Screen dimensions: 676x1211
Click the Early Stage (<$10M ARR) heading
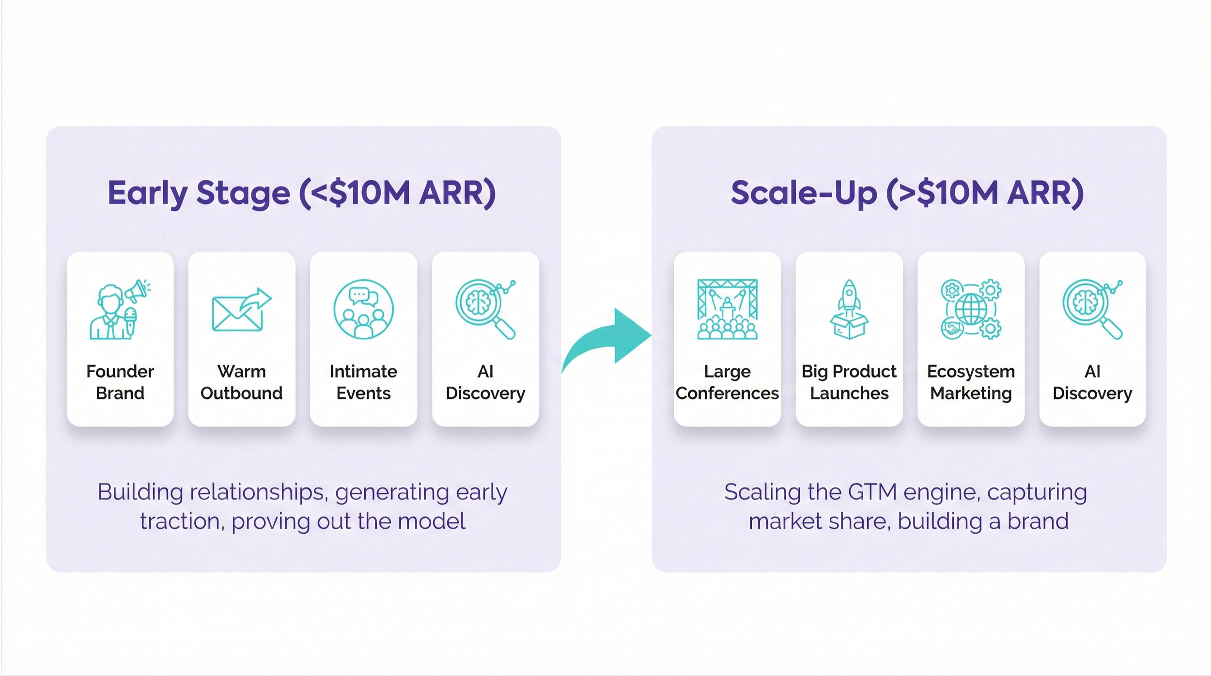point(301,193)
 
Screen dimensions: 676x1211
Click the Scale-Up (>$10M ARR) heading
point(907,193)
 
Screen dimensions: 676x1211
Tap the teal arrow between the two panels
point(608,339)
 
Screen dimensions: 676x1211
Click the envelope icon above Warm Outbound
point(241,310)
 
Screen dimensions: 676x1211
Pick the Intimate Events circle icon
point(363,309)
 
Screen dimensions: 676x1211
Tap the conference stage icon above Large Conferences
point(727,309)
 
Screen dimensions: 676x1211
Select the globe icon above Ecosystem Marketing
point(971,309)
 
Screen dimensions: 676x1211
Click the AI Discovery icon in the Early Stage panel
point(485,309)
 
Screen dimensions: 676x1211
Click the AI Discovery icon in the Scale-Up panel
point(1092,309)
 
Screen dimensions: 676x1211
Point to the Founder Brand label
point(120,382)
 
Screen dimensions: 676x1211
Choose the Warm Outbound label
point(241,382)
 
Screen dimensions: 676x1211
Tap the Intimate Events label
point(363,382)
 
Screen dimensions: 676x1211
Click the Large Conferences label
point(727,382)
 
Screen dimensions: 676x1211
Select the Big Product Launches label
point(849,382)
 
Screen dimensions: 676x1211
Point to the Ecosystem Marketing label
point(971,382)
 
